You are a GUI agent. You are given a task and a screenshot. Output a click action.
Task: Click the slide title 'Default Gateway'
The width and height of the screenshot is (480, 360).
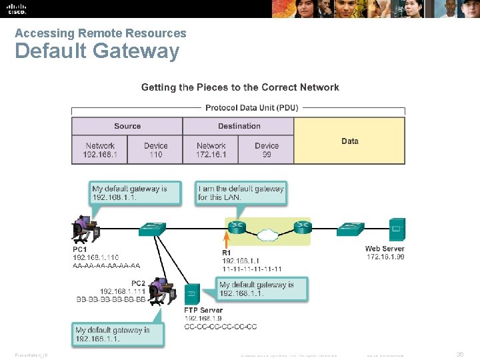point(97,51)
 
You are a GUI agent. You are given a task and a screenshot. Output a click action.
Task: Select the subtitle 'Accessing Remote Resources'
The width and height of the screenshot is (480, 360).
point(101,33)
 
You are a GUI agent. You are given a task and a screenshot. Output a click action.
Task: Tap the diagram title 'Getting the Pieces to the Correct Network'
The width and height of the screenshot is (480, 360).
point(240,87)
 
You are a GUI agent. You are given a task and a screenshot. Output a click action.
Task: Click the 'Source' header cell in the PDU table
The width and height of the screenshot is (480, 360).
point(127,126)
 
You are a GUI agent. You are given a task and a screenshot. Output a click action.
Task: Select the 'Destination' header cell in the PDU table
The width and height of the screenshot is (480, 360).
point(239,126)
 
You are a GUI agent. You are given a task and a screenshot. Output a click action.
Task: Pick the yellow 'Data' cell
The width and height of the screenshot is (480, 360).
point(349,141)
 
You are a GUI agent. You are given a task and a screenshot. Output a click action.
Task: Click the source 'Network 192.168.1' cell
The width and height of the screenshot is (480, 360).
point(100,150)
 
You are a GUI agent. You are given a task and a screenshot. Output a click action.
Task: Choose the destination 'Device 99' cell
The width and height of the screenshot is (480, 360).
point(267,150)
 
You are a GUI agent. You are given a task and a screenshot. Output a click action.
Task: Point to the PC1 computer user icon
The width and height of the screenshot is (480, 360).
point(85,229)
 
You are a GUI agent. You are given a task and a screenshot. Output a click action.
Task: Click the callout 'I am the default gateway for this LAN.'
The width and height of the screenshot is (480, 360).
point(241,193)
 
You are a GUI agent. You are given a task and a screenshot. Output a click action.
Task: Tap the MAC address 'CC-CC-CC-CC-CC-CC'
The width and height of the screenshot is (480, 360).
point(220,327)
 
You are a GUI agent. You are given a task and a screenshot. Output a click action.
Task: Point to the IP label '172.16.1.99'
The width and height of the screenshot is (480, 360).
point(385,257)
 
